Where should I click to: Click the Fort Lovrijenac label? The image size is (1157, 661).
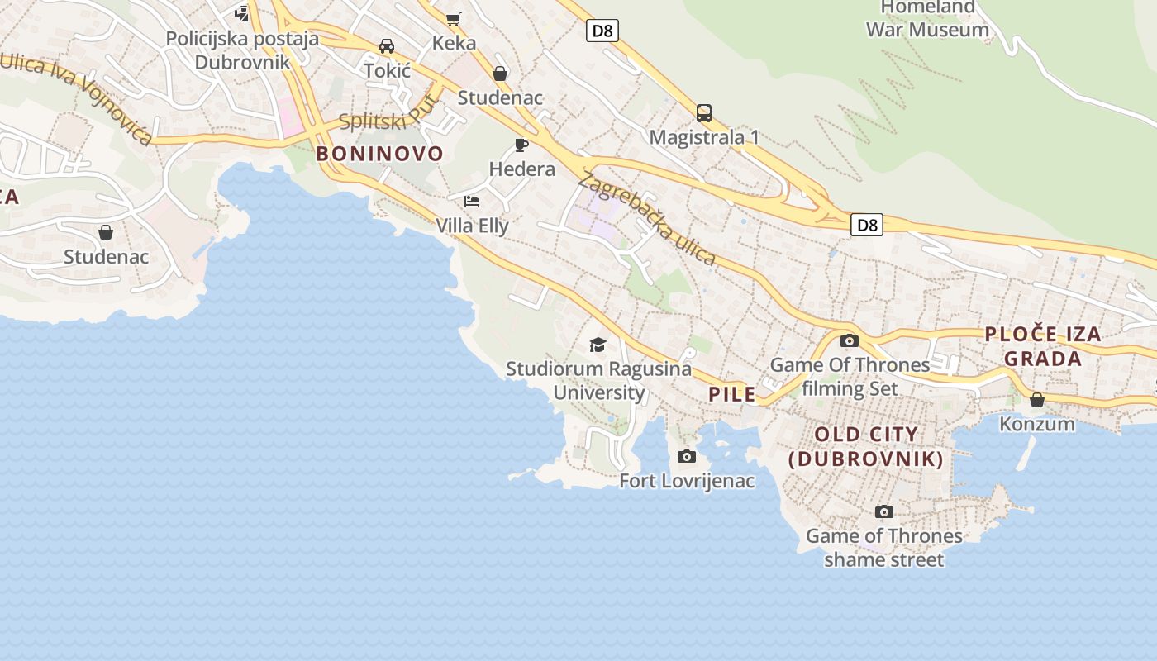click(x=687, y=480)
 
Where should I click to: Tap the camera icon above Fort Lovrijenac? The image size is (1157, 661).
click(x=687, y=456)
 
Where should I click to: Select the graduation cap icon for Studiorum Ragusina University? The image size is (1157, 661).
click(x=598, y=345)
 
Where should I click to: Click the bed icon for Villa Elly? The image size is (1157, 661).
click(x=472, y=201)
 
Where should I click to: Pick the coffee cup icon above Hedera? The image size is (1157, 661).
click(x=521, y=145)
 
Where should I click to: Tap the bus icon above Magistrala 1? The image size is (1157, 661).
click(x=704, y=112)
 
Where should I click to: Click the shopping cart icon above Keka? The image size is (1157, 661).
click(x=453, y=18)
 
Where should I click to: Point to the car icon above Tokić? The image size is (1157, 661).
click(x=387, y=46)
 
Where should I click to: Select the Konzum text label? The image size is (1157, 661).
click(x=1037, y=424)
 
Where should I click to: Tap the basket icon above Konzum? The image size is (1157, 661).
click(x=1037, y=400)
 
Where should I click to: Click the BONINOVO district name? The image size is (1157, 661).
click(x=379, y=153)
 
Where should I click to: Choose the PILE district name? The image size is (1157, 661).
click(x=732, y=394)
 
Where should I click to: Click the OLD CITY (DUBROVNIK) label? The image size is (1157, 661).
click(x=866, y=446)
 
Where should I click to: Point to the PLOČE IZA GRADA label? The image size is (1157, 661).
click(x=1043, y=346)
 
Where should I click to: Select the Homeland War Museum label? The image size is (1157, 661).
click(x=927, y=18)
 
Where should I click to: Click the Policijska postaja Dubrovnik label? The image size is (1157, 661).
click(x=242, y=50)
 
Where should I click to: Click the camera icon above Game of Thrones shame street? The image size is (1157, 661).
click(x=884, y=512)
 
